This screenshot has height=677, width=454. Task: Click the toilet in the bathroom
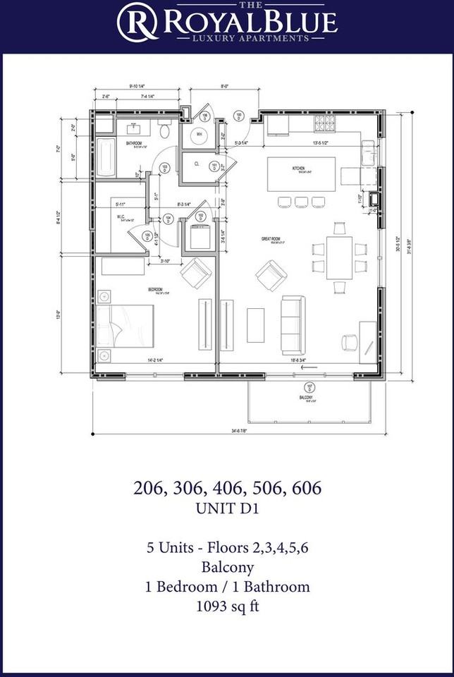pos(164,130)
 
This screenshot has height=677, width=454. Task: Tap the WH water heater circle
pos(200,135)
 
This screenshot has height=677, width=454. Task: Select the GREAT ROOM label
pos(271,239)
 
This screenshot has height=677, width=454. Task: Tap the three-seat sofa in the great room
pos(293,325)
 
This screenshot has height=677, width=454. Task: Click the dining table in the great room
pos(339,257)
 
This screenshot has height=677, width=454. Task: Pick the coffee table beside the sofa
pos(255,325)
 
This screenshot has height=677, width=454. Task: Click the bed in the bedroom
pos(125,327)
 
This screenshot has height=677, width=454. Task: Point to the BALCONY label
pos(305,398)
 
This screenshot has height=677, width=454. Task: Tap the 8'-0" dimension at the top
pos(225,87)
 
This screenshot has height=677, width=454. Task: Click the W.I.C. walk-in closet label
pos(121,216)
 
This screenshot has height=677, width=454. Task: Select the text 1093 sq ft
pos(226,606)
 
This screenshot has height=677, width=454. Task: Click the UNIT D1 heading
pos(226,508)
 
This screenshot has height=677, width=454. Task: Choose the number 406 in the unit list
pos(228,487)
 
